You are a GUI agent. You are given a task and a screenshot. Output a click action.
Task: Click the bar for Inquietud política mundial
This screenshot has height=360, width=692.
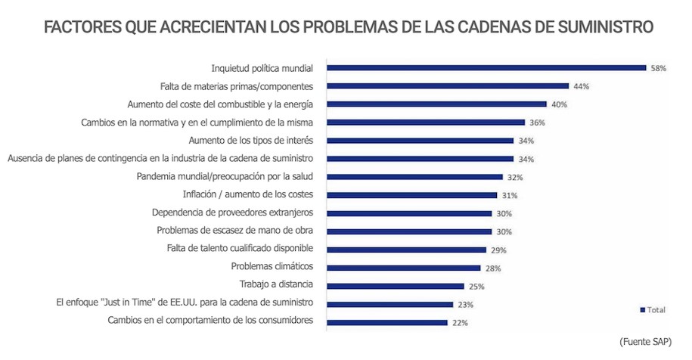point(486,67)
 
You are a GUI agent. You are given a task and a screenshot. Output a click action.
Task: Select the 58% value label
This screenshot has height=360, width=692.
point(658,68)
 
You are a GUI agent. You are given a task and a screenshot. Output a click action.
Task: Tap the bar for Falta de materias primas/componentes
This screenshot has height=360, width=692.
point(447,85)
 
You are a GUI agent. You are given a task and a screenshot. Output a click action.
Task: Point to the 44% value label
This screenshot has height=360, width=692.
point(581,86)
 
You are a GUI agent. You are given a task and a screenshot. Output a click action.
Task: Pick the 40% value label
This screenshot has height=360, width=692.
point(559,104)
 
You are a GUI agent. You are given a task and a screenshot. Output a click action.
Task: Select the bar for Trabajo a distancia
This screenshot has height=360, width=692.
point(395,285)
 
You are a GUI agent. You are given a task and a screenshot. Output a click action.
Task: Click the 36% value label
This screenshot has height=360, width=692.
point(537,123)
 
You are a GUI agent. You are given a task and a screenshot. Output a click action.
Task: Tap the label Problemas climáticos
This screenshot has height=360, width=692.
point(272,266)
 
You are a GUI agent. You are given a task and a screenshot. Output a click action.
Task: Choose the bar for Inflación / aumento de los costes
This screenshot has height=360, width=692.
point(411,194)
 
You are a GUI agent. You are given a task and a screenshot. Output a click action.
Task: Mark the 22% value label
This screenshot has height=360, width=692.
point(460,322)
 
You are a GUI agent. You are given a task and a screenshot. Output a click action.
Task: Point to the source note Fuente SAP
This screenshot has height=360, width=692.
point(645,342)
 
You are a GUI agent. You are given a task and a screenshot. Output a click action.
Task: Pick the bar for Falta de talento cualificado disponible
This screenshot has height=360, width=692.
point(406,249)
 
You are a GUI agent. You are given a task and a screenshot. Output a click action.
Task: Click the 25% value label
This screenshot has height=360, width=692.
point(476,286)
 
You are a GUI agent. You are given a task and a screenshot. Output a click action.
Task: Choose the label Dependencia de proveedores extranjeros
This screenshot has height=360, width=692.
point(232,213)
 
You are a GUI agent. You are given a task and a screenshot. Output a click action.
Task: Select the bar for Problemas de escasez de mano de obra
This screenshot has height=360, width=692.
point(408,231)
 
